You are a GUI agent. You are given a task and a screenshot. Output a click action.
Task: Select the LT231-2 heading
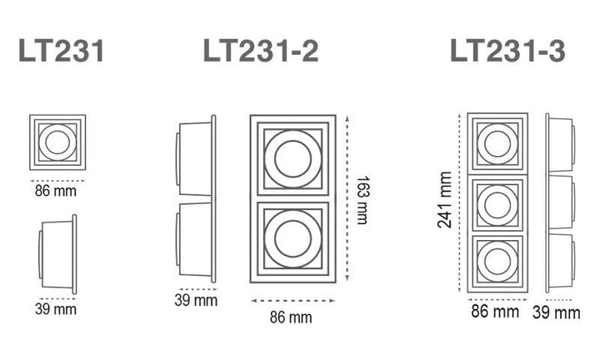tap(261, 52)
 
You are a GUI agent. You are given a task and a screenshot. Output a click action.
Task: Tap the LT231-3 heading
tap(507, 52)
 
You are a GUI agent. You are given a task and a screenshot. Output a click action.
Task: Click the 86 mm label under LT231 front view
tap(57, 191)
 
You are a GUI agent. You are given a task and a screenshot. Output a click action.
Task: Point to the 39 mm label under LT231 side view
tap(57, 309)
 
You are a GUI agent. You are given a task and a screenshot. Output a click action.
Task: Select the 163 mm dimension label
tap(362, 199)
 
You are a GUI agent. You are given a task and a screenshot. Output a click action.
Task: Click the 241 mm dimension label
tap(445, 200)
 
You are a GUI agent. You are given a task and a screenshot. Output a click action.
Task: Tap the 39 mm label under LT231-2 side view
tap(195, 300)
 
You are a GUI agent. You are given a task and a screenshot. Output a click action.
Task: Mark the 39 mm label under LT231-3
tap(556, 312)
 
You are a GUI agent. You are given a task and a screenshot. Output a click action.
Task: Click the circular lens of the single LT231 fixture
tap(57, 142)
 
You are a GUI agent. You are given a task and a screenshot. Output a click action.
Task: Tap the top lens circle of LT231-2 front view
tap(292, 158)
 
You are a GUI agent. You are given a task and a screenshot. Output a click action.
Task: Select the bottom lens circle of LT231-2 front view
tap(292, 240)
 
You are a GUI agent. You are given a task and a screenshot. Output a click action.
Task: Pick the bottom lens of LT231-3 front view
tap(497, 261)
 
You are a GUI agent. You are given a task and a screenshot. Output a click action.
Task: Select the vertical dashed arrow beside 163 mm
tap(347, 199)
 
